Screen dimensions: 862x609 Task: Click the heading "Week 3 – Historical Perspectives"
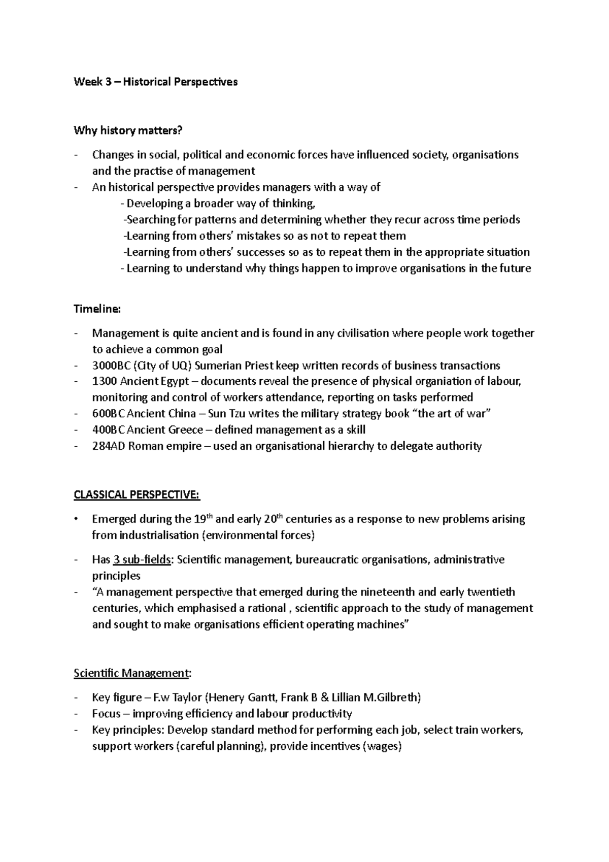pos(155,82)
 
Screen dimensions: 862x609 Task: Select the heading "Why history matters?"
pos(127,131)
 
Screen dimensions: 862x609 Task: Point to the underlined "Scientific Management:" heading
pos(132,673)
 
